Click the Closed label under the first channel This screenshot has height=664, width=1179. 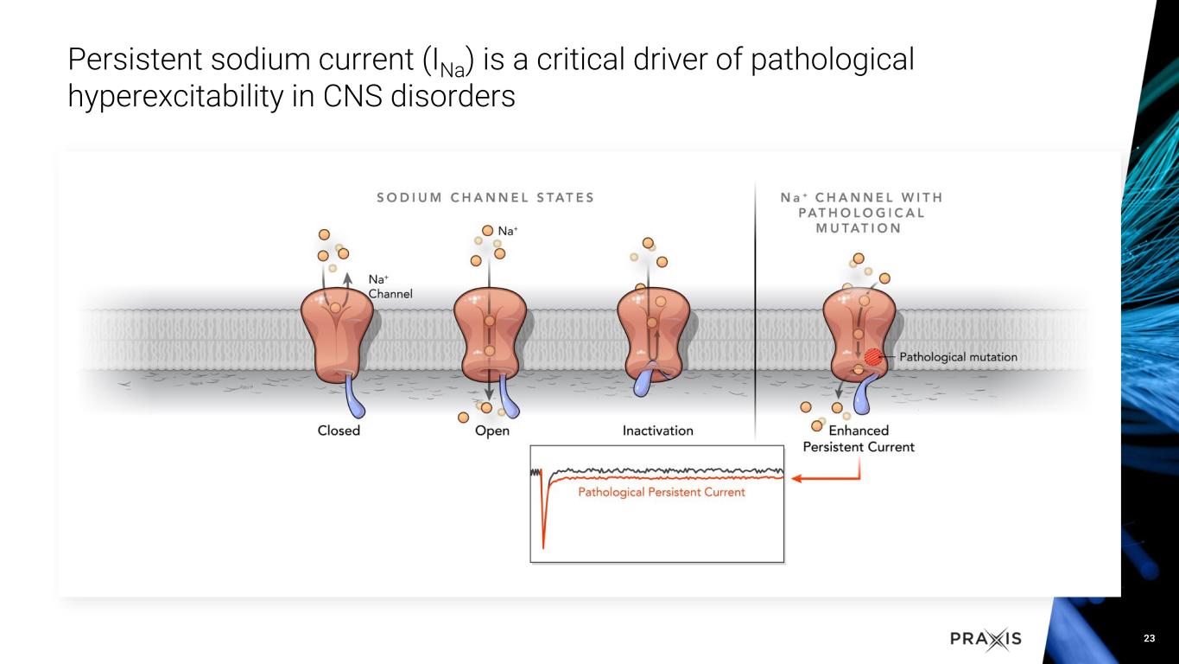pyautogui.click(x=339, y=431)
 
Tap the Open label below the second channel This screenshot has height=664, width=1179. pyautogui.click(x=492, y=431)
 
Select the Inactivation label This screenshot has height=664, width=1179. pyautogui.click(x=657, y=431)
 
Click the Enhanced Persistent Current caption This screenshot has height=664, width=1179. pyautogui.click(x=859, y=438)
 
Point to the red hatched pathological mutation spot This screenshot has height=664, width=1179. pyautogui.click(x=874, y=355)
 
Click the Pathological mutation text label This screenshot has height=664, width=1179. pyautogui.click(x=959, y=356)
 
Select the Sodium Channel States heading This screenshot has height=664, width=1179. pyautogui.click(x=485, y=197)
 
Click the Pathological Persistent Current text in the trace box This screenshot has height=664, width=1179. pyautogui.click(x=661, y=492)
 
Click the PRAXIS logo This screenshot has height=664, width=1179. pyautogui.click(x=986, y=639)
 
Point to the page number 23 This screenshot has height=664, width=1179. pyautogui.click(x=1149, y=639)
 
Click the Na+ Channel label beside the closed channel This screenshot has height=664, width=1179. pyautogui.click(x=390, y=286)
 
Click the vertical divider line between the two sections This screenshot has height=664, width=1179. pyautogui.click(x=756, y=303)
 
